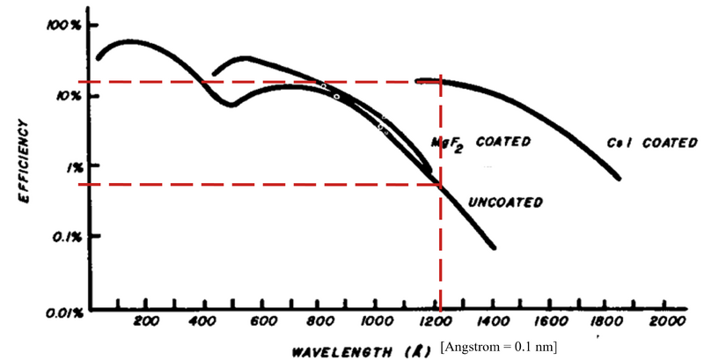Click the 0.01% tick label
click(x=63, y=311)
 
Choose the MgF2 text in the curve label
click(x=449, y=143)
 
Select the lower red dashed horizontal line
click(x=264, y=184)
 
